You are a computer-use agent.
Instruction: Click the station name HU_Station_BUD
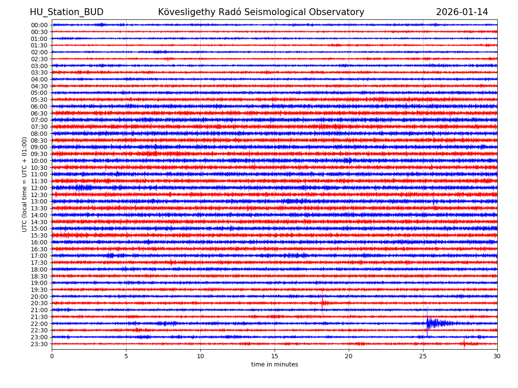click(x=66, y=13)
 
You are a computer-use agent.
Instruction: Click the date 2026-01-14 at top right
click(x=462, y=13)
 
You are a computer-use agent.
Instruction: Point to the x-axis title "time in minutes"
click(x=275, y=365)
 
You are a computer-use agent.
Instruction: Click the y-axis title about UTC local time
click(x=25, y=185)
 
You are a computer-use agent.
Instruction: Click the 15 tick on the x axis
click(x=275, y=357)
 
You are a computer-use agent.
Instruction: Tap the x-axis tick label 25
click(x=423, y=357)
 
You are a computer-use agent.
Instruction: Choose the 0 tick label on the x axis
click(x=52, y=357)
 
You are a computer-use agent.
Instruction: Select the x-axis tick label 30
click(x=497, y=357)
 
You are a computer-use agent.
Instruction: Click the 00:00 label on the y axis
click(x=39, y=25)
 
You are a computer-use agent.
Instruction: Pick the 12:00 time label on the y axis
click(x=39, y=188)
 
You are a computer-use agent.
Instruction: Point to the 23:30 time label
click(x=39, y=344)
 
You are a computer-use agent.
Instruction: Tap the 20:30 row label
click(x=39, y=303)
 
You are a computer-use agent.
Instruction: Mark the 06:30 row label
click(x=39, y=113)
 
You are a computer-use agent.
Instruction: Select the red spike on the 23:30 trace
click(x=464, y=344)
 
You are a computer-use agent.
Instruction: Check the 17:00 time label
click(x=39, y=256)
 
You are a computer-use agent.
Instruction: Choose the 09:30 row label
click(x=39, y=154)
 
